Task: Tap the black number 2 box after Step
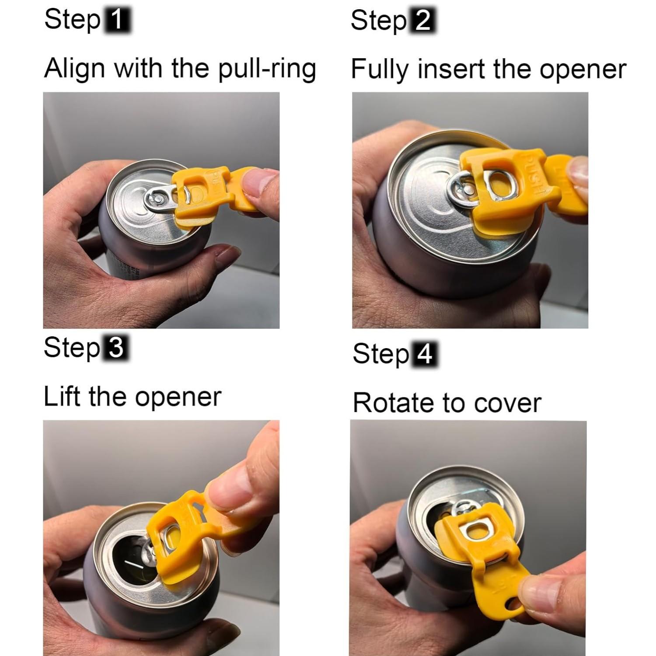[x=422, y=21]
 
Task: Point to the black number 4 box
[x=424, y=354]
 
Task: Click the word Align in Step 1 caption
[x=75, y=69]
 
